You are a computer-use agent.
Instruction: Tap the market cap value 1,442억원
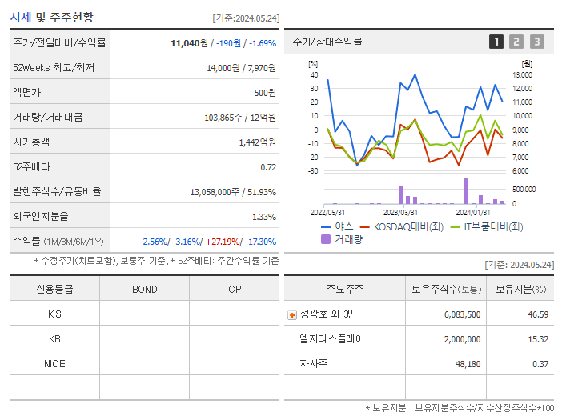[257, 142]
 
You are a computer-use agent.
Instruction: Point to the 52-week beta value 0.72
[268, 166]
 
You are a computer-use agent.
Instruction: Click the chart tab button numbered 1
[496, 42]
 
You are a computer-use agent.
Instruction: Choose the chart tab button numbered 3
[536, 42]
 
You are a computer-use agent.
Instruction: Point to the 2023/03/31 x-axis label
[400, 212]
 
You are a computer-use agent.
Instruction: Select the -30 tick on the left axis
[312, 171]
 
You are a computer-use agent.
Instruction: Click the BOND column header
[144, 289]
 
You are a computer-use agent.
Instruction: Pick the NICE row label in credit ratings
[54, 363]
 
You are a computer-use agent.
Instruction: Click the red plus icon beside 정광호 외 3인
[291, 314]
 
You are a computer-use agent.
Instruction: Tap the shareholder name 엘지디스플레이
[331, 339]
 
